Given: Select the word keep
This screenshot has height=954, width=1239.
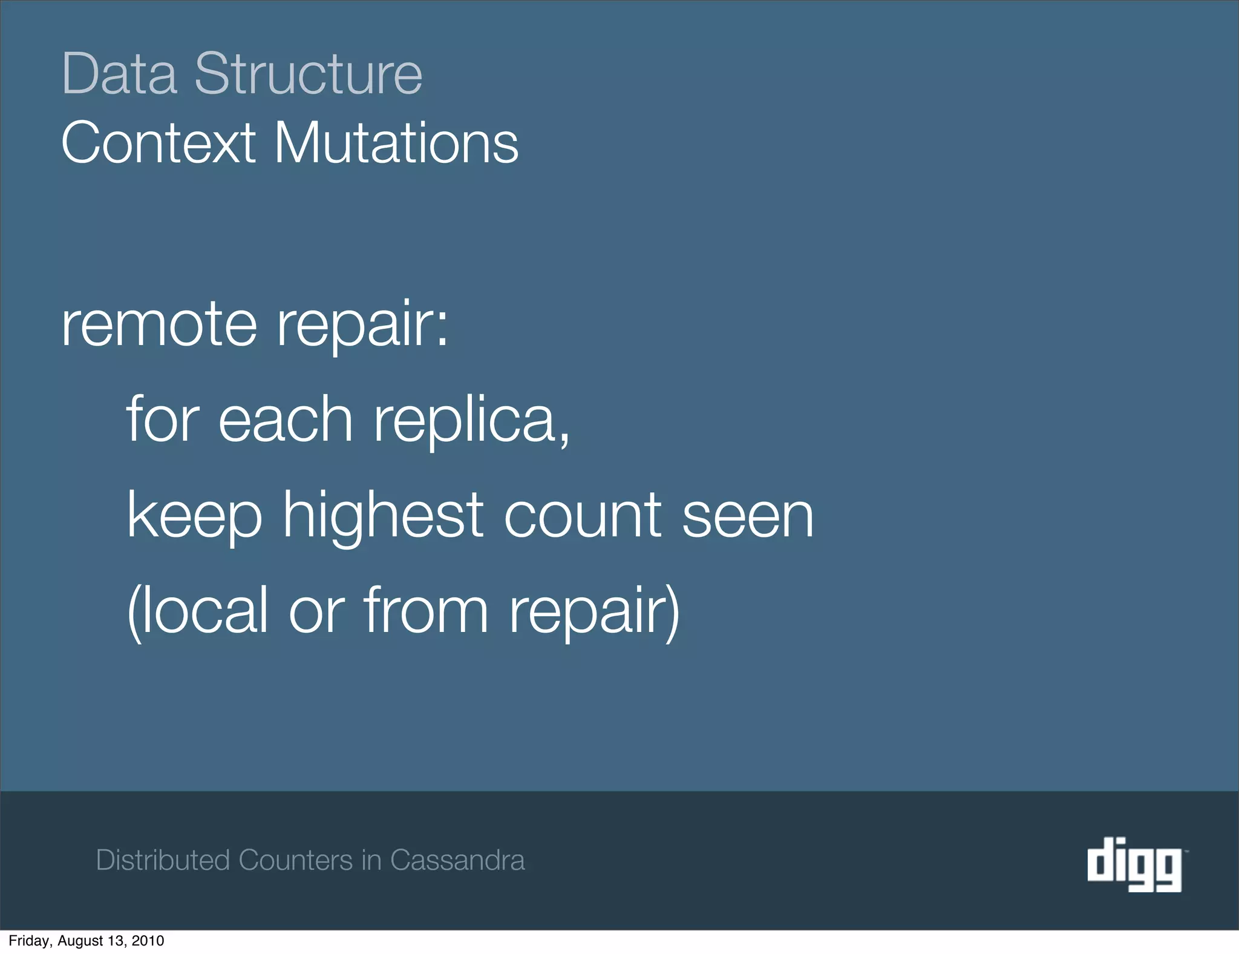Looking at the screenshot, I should tap(194, 516).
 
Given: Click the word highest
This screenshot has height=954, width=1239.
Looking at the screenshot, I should tap(384, 516).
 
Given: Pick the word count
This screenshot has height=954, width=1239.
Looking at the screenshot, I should tap(582, 516).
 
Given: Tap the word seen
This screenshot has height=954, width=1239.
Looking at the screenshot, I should tap(748, 517).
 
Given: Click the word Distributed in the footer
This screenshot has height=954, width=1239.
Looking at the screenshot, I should tap(163, 860).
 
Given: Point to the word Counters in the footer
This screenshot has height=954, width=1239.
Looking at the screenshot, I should tap(295, 860).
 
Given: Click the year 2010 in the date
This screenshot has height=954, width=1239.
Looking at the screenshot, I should tap(148, 941).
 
